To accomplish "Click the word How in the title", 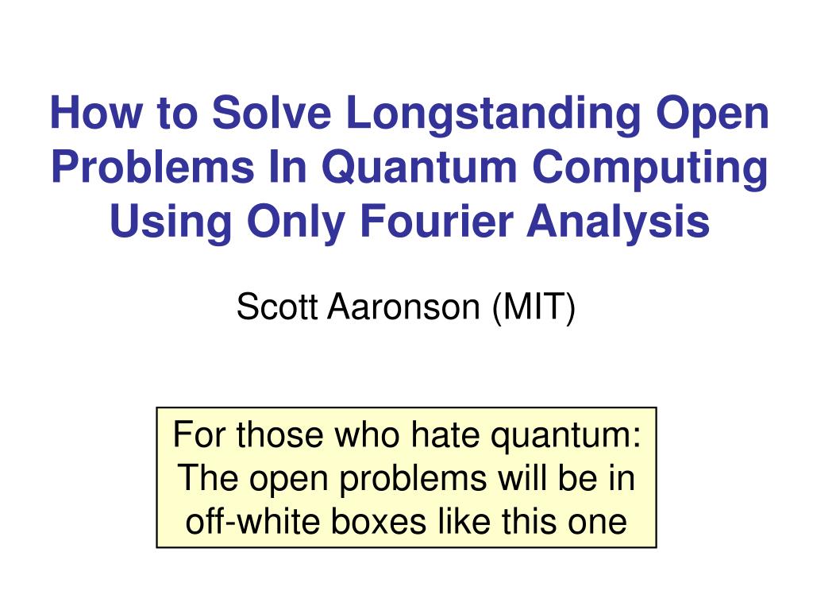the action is point(96,112).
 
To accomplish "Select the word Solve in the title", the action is point(272,112).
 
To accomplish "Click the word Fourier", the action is point(436,221).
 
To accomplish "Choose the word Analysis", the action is point(618,223).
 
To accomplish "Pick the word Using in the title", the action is point(171,223).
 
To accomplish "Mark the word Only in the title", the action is point(296,223).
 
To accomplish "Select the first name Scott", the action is point(277,307).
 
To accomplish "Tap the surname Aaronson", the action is point(404,307).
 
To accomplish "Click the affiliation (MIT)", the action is point(534,309).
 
